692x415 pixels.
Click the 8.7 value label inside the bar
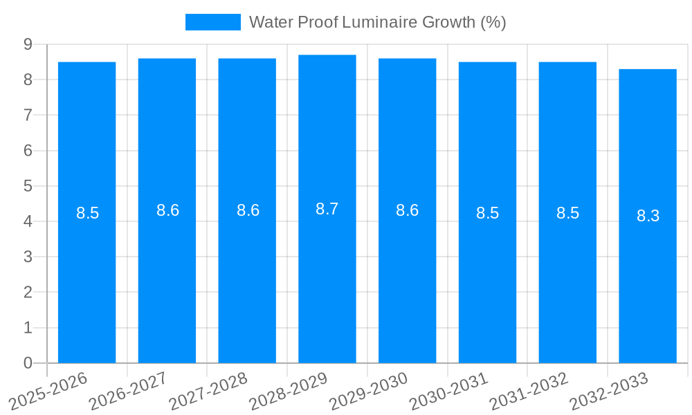coord(327,209)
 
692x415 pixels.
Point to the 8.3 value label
coord(648,216)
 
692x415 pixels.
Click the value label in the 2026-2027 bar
coord(167,210)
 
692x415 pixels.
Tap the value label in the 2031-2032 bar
coord(567,213)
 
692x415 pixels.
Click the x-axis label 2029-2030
coord(369,390)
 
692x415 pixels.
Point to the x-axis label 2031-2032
coord(529,390)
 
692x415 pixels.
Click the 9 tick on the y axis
coord(28,44)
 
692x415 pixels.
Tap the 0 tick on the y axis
coord(28,363)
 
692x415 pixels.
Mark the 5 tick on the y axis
coord(28,186)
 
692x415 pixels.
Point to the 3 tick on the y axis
coord(28,257)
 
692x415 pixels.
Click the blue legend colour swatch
coord(212,22)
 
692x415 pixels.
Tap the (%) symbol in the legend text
coord(493,22)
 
